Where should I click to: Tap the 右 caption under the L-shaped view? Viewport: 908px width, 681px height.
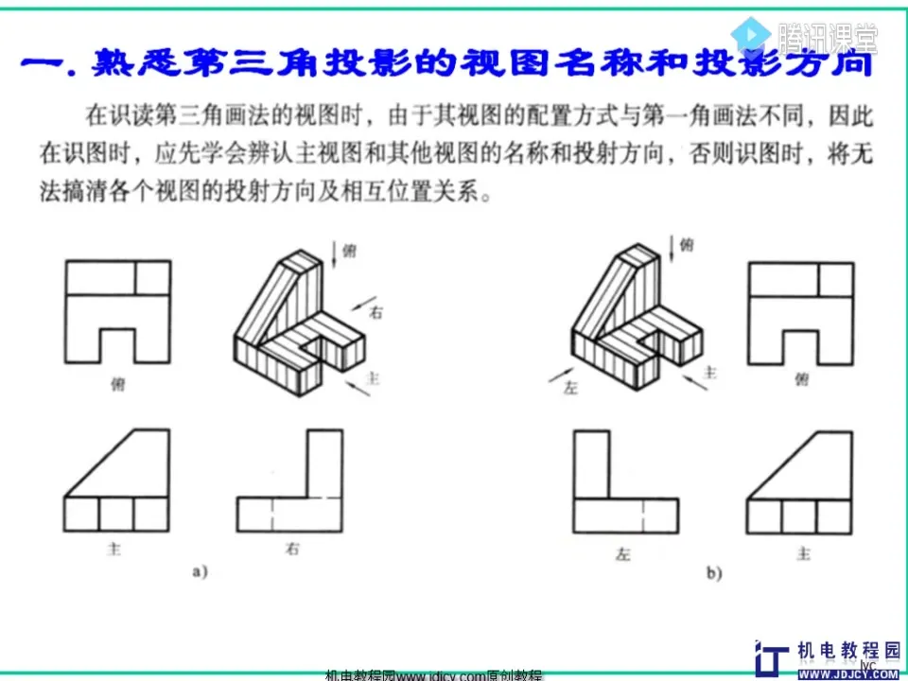(x=292, y=550)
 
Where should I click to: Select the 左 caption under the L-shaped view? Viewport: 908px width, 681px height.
(x=623, y=552)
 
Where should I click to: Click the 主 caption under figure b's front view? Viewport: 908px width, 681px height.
(x=803, y=552)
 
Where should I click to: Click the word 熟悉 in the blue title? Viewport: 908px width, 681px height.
(x=131, y=65)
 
